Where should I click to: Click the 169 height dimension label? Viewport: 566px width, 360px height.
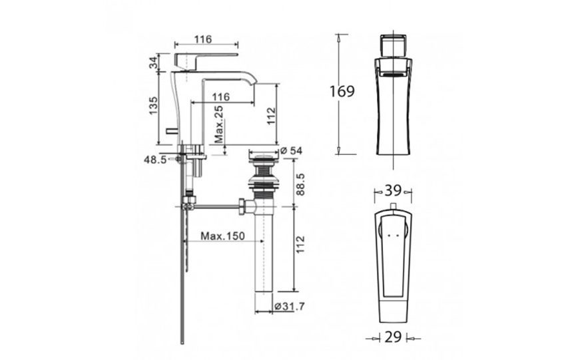[x=342, y=91]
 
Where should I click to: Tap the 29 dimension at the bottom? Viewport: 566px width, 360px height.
[x=393, y=338]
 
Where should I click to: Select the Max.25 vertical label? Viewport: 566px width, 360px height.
[x=219, y=125]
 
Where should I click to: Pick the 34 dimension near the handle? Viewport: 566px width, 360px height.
[x=153, y=64]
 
